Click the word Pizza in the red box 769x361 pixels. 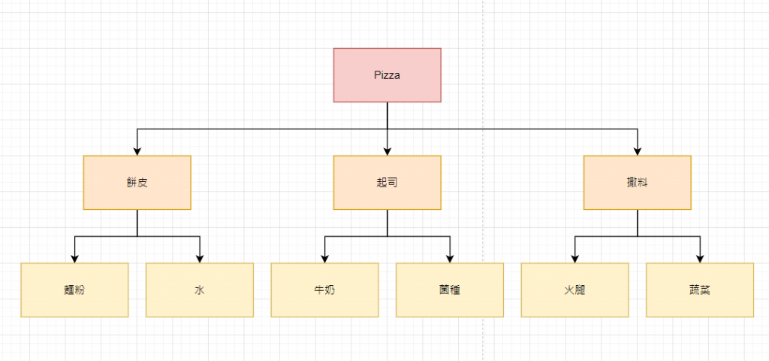coord(388,75)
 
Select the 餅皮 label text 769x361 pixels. coord(137,183)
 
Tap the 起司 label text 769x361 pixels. coord(388,183)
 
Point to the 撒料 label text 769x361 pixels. coord(638,183)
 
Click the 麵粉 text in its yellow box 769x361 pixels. coord(74,290)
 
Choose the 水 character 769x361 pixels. coord(200,290)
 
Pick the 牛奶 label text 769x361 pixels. coord(324,290)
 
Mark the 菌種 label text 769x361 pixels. coord(450,290)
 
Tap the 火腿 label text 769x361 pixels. coord(574,290)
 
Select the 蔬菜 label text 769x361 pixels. coord(700,290)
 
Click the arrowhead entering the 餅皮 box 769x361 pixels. coord(137,151)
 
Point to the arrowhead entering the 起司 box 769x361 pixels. coord(388,151)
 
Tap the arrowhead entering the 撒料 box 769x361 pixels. coord(638,151)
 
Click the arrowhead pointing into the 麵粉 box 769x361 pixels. coord(74,259)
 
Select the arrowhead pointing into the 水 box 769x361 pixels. coord(200,259)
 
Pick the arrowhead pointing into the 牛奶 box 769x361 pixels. coord(324,259)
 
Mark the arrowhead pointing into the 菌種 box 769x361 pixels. coord(450,259)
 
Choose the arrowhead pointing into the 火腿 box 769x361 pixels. coord(574,259)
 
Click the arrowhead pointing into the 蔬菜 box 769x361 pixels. coord(700,259)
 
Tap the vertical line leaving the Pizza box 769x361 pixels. coord(388,115)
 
